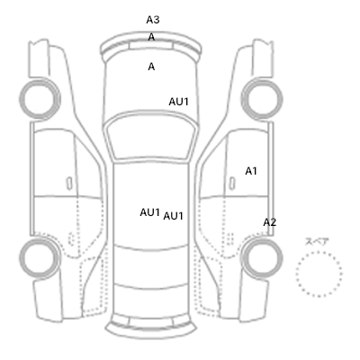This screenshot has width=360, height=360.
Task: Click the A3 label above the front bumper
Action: [153, 20]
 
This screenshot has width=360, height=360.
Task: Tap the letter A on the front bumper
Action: [151, 37]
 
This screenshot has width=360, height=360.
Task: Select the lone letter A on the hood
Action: [151, 67]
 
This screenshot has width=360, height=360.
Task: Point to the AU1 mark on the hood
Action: [178, 102]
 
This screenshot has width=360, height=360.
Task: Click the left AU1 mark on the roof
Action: [149, 212]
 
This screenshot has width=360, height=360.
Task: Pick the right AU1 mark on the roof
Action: [173, 216]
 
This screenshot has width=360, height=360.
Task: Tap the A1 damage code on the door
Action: [251, 171]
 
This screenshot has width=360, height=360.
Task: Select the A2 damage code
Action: [269, 222]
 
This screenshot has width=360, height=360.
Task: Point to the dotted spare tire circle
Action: [319, 252]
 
